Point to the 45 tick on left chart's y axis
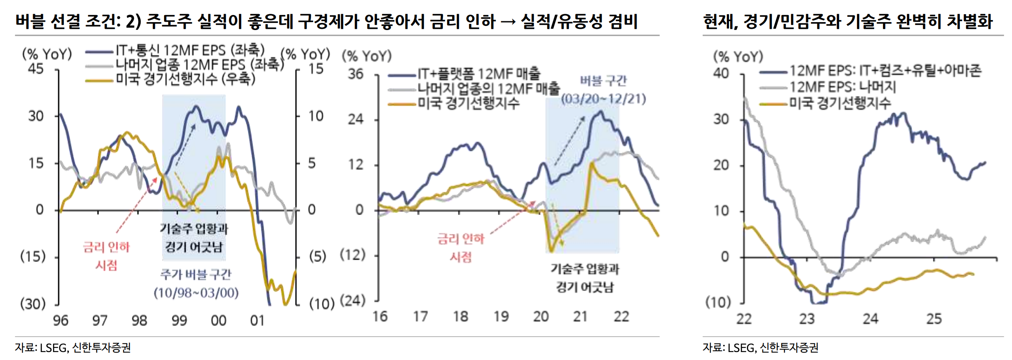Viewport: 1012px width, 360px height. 35,68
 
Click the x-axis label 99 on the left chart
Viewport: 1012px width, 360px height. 179,320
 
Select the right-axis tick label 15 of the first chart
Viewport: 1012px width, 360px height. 316,68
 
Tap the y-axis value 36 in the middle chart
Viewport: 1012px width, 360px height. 356,74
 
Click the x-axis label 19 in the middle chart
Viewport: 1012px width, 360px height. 501,317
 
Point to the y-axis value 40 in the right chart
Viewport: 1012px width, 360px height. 721,74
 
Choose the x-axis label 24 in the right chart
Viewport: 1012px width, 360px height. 870,319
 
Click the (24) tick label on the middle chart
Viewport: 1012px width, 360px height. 353,300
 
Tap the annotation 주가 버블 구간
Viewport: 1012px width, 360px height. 195,274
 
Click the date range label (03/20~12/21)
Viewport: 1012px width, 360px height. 603,99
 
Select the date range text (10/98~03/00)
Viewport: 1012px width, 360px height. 196,292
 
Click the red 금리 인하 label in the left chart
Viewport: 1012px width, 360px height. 106,247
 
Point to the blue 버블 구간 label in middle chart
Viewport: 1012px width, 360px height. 603,81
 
